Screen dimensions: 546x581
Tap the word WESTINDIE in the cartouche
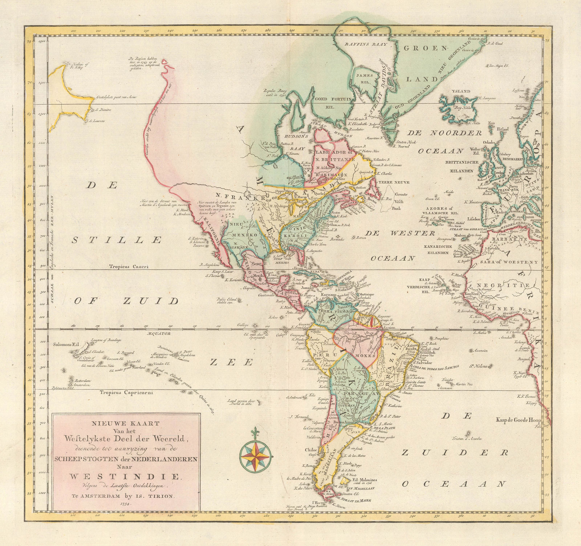pos(124,476)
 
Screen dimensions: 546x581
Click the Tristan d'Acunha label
pos(467,438)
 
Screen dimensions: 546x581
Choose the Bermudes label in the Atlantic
pos(338,239)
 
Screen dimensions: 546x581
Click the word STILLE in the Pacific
pos(116,240)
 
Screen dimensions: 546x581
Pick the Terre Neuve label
pos(399,182)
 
